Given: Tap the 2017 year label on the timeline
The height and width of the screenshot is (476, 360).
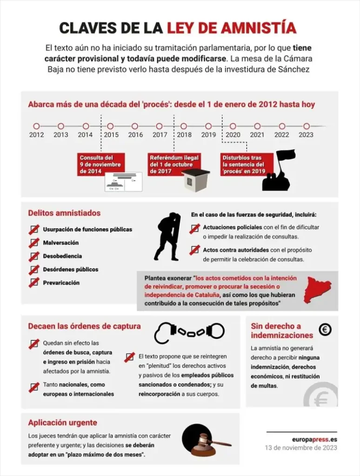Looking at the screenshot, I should (x=160, y=135).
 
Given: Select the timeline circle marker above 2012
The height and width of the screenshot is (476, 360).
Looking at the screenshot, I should (x=36, y=126).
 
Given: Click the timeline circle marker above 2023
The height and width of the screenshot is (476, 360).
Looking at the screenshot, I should (x=306, y=126).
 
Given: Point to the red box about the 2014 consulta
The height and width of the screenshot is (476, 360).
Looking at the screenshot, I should (x=101, y=165).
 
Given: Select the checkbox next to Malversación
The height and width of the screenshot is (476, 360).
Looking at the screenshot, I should (x=34, y=243).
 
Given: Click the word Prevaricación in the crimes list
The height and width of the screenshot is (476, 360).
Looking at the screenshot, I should (x=61, y=283).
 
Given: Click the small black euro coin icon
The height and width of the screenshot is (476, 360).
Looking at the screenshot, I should (x=325, y=330).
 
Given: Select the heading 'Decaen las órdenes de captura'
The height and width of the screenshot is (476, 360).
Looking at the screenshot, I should (x=84, y=326).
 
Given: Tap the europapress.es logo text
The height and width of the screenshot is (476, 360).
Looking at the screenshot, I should (x=314, y=439).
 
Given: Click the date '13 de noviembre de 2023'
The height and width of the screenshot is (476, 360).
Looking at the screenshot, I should (x=301, y=448).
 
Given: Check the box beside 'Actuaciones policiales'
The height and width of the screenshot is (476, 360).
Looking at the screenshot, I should (x=195, y=229).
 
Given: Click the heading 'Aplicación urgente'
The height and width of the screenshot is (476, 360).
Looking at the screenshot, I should (x=62, y=423).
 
